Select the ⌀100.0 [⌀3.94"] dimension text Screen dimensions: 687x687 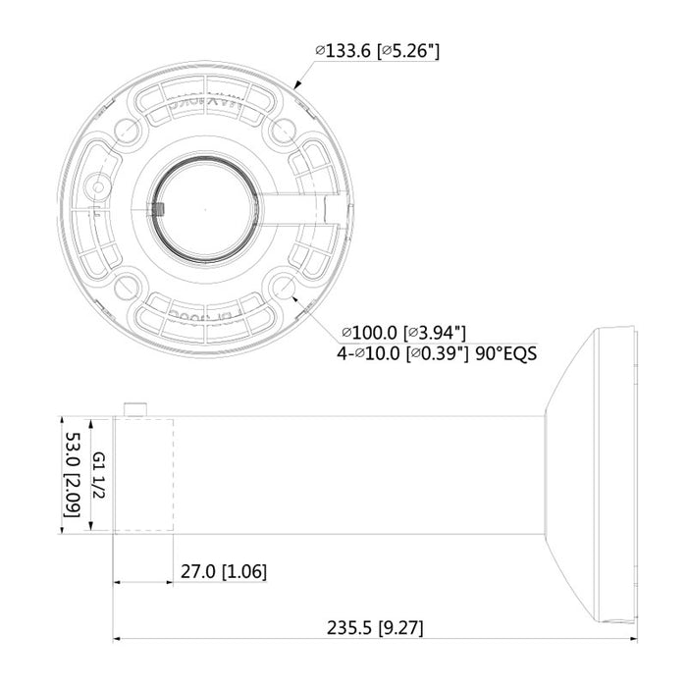pos(403,333)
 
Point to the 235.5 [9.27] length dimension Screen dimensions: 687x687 pos(374,627)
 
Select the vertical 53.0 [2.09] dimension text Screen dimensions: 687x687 pos(72,475)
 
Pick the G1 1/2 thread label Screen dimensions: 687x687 pos(99,475)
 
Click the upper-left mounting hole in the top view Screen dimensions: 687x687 pos(129,131)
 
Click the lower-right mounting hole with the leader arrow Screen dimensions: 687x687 pos(286,287)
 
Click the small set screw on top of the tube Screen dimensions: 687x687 pos(135,407)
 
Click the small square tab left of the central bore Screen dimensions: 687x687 pos(156,208)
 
